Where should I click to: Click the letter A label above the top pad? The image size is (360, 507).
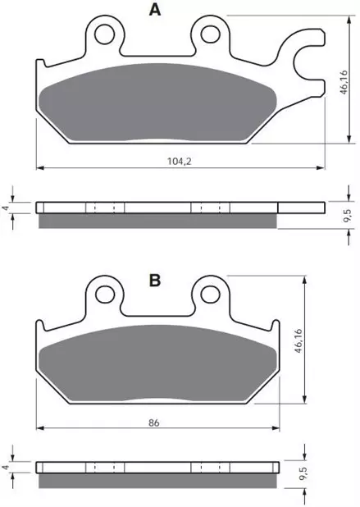pos(155,10)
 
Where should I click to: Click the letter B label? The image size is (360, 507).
pos(155,281)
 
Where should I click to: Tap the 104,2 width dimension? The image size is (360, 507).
pos(180,161)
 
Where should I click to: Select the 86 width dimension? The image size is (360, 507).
pos(154,422)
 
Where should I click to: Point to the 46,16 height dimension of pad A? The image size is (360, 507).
pos(344,82)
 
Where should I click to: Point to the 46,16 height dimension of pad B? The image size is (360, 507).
pos(298,341)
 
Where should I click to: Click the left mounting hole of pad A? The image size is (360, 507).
pos(105,34)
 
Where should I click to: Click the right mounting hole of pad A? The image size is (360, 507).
pos(210,34)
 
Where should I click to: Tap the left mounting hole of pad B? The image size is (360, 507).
pos(105,295)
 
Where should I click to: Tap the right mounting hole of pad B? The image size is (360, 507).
pos(210,295)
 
